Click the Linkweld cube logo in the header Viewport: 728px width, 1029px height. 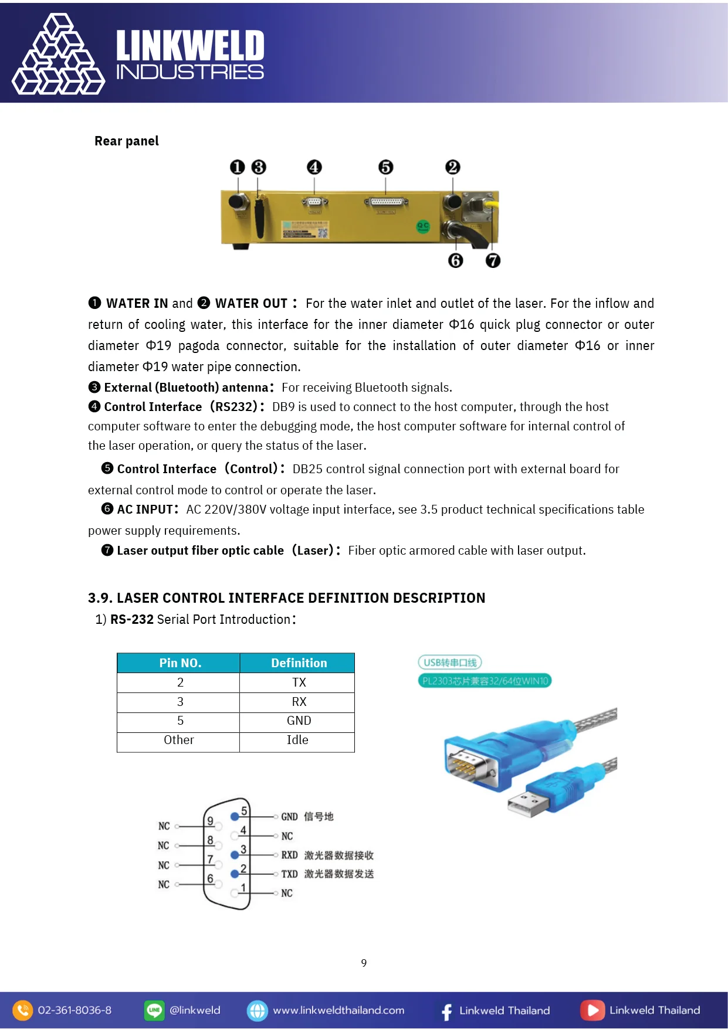click(x=59, y=55)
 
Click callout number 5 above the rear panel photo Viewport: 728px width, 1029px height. click(x=385, y=167)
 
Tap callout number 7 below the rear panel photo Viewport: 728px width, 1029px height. click(x=493, y=260)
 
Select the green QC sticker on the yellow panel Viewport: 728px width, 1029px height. click(x=422, y=226)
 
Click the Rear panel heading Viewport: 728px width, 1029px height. click(x=127, y=141)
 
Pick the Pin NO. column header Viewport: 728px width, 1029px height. click(x=180, y=663)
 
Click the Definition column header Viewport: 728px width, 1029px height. click(x=299, y=663)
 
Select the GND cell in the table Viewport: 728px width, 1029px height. click(x=299, y=721)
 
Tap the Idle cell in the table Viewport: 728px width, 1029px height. click(x=297, y=740)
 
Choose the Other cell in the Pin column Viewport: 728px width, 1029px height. click(x=179, y=740)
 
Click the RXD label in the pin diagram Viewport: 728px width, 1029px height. click(x=289, y=855)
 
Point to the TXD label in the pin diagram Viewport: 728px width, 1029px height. click(x=289, y=874)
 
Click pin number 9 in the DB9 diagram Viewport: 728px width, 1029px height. click(x=210, y=821)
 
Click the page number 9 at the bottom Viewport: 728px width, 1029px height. click(x=364, y=963)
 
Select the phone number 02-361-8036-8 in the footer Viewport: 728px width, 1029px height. click(x=75, y=1010)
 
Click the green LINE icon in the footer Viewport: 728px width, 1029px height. click(x=154, y=1010)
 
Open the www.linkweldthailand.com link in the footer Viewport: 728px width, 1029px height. click(x=338, y=1010)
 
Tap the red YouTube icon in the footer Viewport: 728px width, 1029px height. click(x=592, y=1010)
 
